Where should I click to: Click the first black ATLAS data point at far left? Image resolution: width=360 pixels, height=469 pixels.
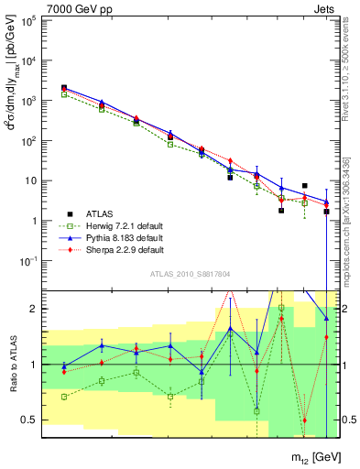coord(64,88)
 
